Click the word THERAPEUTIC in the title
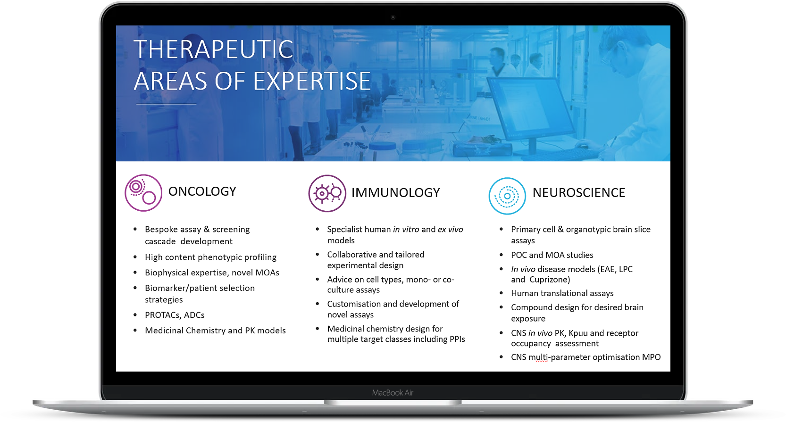(x=213, y=49)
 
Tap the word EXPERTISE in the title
(x=312, y=81)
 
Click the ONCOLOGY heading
(x=202, y=191)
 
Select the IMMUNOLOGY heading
(x=395, y=193)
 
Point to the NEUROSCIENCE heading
(x=578, y=193)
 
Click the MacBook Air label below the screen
(x=393, y=393)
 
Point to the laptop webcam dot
(x=393, y=17)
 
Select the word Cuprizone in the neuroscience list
(x=550, y=280)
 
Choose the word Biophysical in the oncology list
(x=167, y=273)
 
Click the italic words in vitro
(x=406, y=230)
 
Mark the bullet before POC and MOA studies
(x=501, y=255)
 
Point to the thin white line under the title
(x=166, y=104)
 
